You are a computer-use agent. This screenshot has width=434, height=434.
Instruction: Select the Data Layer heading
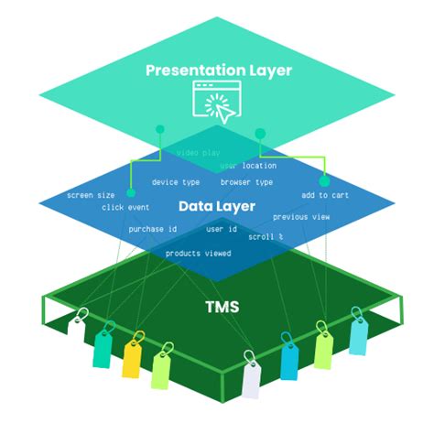tap(216, 206)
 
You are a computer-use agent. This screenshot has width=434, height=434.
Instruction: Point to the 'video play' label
tap(198, 153)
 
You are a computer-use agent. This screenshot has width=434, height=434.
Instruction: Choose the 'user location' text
tap(248, 166)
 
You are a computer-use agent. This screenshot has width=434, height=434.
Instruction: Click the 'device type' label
tap(176, 182)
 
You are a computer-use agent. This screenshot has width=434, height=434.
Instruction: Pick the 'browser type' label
tap(246, 182)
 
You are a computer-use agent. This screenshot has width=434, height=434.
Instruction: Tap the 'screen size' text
tap(91, 195)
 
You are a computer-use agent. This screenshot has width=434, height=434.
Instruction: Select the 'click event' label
tap(125, 207)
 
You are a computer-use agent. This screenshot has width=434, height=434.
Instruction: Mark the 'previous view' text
tap(301, 217)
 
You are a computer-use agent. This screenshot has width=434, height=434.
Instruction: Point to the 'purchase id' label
tap(153, 229)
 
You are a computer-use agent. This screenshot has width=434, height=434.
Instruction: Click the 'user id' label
tap(222, 229)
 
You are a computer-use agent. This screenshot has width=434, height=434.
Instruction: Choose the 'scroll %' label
tap(266, 236)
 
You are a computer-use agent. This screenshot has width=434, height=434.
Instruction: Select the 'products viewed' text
tap(198, 253)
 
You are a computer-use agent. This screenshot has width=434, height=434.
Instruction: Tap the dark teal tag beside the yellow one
tap(103, 346)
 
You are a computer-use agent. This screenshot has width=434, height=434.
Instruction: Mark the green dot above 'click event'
tap(131, 193)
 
